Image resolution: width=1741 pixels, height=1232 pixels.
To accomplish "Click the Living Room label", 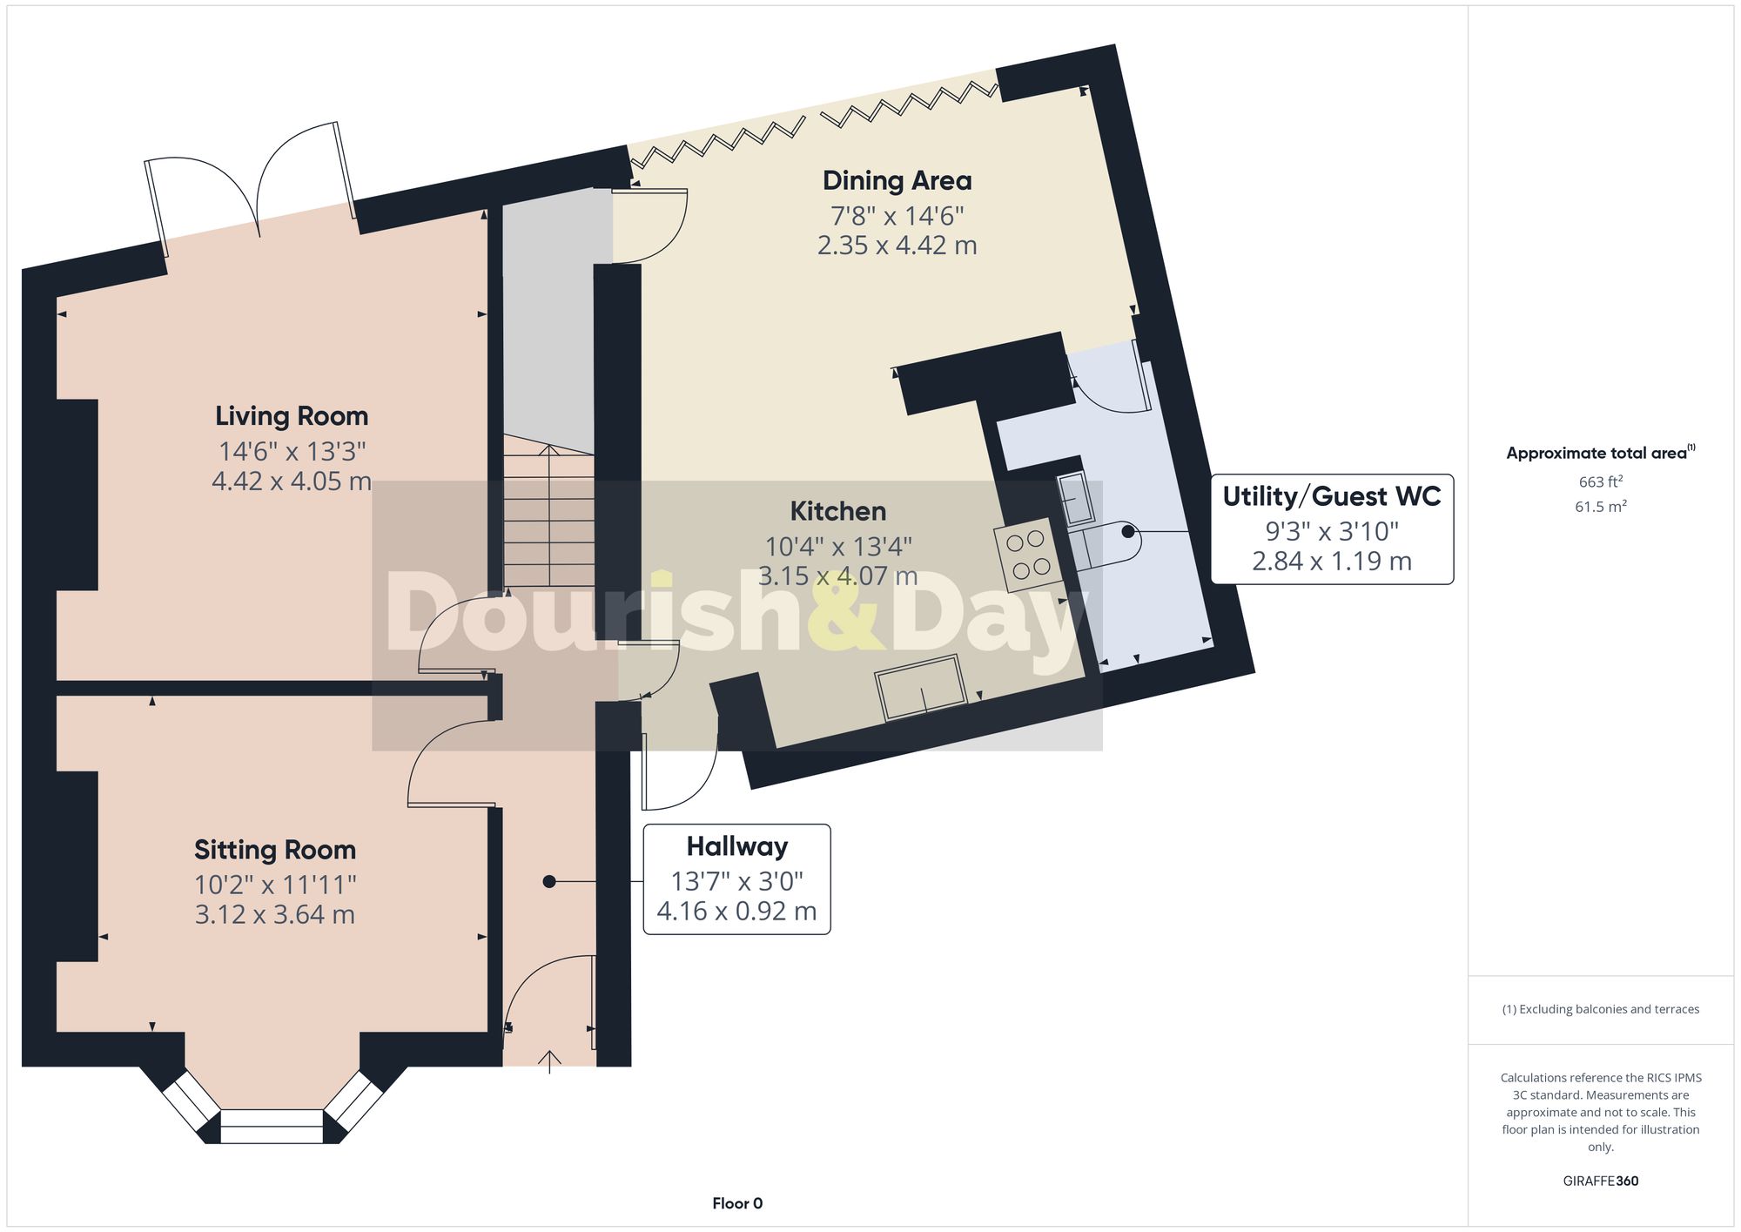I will pyautogui.click(x=292, y=416).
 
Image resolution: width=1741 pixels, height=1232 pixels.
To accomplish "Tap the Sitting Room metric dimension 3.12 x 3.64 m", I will pyautogui.click(x=274, y=915).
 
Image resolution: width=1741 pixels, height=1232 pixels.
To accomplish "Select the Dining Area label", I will pyautogui.click(x=897, y=181).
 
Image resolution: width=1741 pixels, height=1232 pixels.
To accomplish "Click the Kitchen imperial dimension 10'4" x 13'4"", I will pyautogui.click(x=837, y=547).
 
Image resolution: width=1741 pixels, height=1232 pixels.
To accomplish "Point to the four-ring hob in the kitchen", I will pyautogui.click(x=1028, y=555).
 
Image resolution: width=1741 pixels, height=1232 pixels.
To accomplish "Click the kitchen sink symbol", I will pyautogui.click(x=921, y=688).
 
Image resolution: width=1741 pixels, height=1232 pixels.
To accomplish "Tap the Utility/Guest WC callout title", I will pyautogui.click(x=1331, y=496).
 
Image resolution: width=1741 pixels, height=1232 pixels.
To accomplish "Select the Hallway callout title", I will pyautogui.click(x=736, y=846).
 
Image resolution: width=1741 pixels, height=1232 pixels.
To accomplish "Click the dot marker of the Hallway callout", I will pyautogui.click(x=548, y=882).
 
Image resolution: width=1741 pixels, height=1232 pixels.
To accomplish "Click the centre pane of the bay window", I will pyautogui.click(x=272, y=1126).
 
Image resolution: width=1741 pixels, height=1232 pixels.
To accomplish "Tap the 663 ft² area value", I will pyautogui.click(x=1600, y=482).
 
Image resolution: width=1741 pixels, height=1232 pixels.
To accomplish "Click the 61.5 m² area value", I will pyautogui.click(x=1600, y=507).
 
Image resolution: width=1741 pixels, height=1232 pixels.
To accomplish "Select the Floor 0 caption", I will pyautogui.click(x=737, y=1203).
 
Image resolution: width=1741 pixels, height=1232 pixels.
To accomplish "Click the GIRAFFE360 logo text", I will pyautogui.click(x=1600, y=1182).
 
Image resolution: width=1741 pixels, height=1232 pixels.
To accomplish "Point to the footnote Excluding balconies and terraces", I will pyautogui.click(x=1600, y=1010).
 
